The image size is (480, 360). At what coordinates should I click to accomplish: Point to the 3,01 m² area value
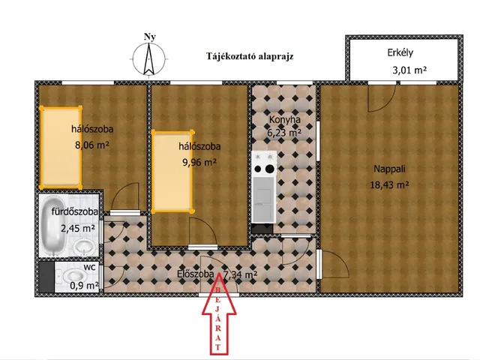tap(409, 70)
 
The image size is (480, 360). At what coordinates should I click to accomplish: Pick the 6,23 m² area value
tap(284, 133)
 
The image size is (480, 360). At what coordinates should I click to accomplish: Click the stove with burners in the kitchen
tap(264, 159)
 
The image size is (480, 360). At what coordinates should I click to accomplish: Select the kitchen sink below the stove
tap(264, 196)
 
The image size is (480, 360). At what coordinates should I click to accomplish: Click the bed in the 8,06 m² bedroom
tap(61, 147)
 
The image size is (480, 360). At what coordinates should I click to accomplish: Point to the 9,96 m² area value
tap(198, 161)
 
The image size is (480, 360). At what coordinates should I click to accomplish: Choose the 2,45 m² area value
tap(78, 228)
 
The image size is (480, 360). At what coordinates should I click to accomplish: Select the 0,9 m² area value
tap(84, 285)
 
